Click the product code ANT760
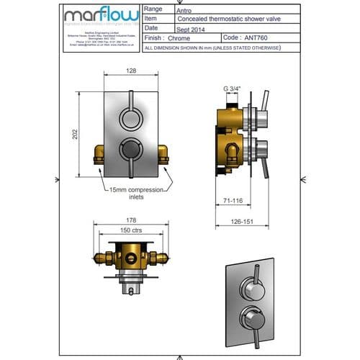pyautogui.click(x=256, y=38)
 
